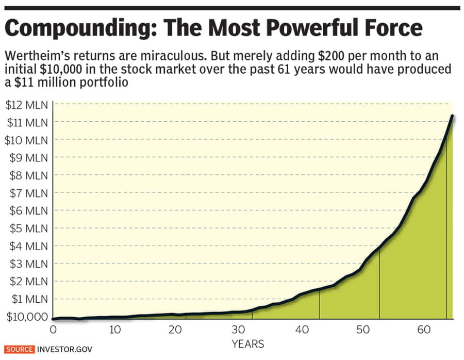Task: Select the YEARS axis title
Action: [x=247, y=343]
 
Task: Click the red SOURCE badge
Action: [x=20, y=349]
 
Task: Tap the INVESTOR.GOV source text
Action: [x=61, y=349]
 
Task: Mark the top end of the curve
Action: [x=452, y=116]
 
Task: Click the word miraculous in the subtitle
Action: [x=166, y=55]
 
